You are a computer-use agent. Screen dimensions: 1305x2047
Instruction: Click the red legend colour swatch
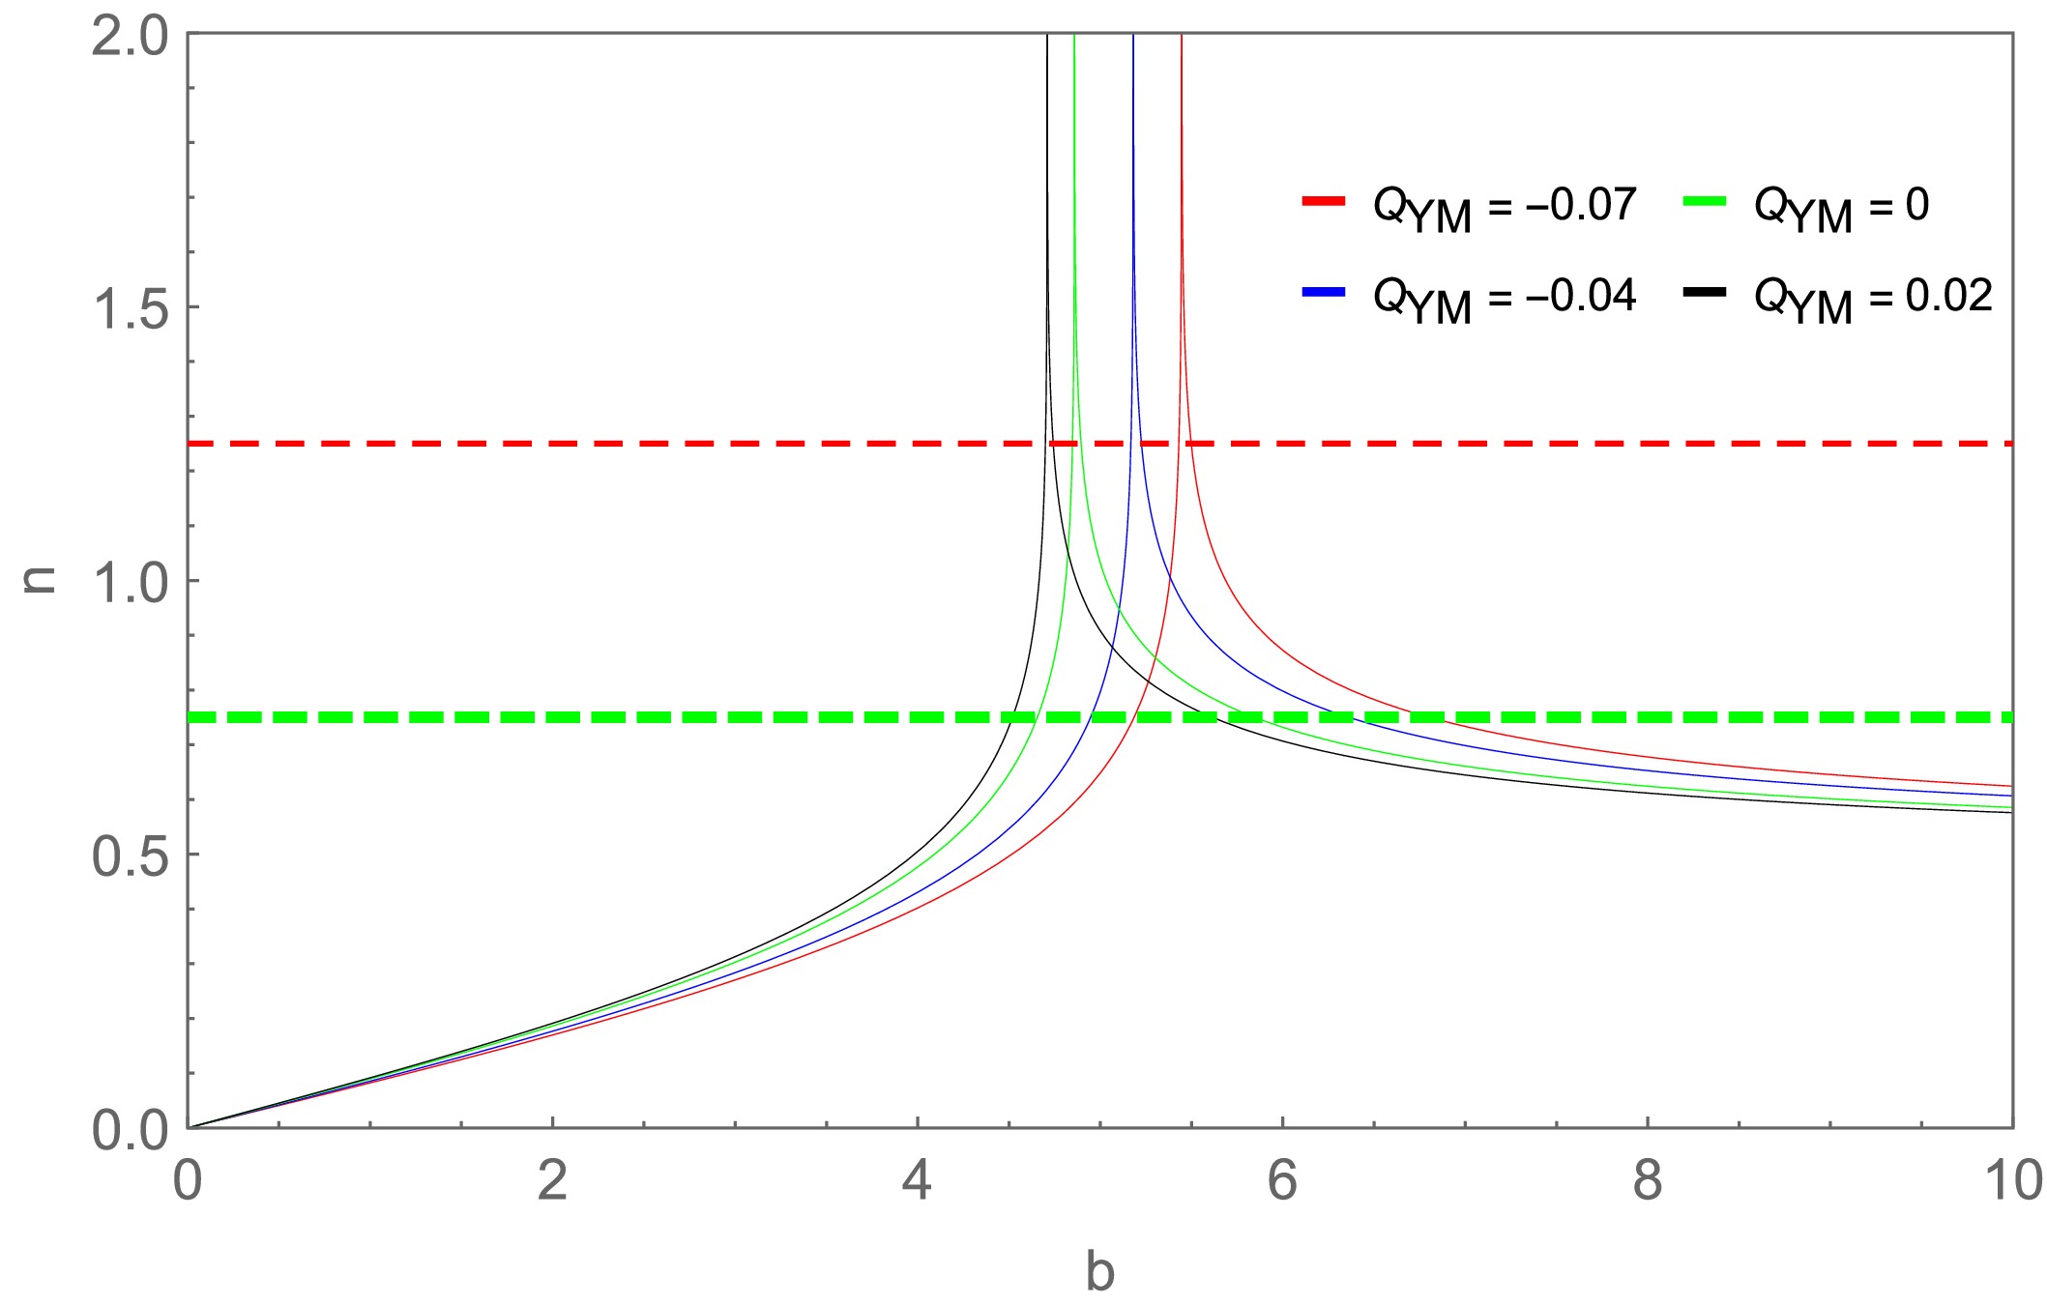click(x=1324, y=201)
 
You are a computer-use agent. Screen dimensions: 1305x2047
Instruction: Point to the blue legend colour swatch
click(x=1324, y=292)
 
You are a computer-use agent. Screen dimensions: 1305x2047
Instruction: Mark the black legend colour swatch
click(x=1705, y=292)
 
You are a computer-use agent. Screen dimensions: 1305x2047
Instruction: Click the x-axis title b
click(x=1099, y=1271)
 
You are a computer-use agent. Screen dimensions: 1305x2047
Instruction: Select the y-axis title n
click(x=41, y=579)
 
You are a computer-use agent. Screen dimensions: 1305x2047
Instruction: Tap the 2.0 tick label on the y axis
click(x=130, y=39)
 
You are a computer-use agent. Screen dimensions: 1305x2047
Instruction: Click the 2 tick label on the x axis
click(x=552, y=1180)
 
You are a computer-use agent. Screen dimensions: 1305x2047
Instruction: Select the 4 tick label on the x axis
click(x=917, y=1180)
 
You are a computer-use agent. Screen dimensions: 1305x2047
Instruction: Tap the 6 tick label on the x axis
click(x=1282, y=1180)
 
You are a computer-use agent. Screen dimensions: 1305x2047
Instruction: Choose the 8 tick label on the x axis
click(x=1647, y=1180)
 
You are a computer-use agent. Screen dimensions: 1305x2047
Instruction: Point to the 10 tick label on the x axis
click(x=2011, y=1180)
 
